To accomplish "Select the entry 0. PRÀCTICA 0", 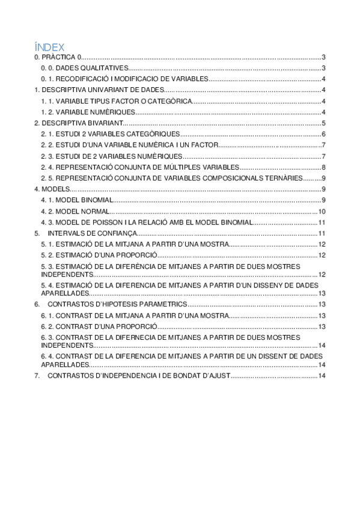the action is [x=58, y=57].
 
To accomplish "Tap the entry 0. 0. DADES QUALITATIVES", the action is [x=84, y=69].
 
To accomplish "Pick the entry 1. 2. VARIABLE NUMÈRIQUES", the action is [x=88, y=112].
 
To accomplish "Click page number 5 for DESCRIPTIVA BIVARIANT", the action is [x=323, y=123].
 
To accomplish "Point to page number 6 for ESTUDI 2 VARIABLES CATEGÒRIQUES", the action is [x=323, y=134].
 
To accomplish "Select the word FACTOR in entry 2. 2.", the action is [x=202, y=145].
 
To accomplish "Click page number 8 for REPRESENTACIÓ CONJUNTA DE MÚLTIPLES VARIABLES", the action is [x=323, y=167].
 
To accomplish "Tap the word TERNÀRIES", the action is [x=282, y=178].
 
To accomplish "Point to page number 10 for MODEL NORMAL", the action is [x=322, y=211].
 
